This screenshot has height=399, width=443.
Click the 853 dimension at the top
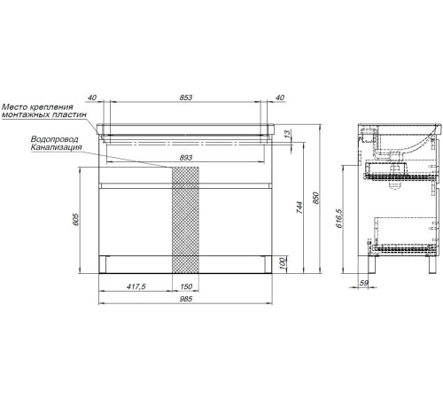point(186,98)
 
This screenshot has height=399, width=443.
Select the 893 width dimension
point(186,158)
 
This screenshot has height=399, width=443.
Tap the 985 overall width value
point(186,299)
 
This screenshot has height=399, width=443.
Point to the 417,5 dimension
point(136,286)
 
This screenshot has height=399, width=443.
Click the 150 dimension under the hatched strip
point(186,286)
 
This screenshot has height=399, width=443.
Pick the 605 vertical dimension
point(76,219)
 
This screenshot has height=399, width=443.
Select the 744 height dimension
point(299,207)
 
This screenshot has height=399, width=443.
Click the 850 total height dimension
point(315,198)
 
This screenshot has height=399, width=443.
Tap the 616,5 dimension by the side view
point(338,218)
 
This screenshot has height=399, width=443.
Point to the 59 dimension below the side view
point(363,283)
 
